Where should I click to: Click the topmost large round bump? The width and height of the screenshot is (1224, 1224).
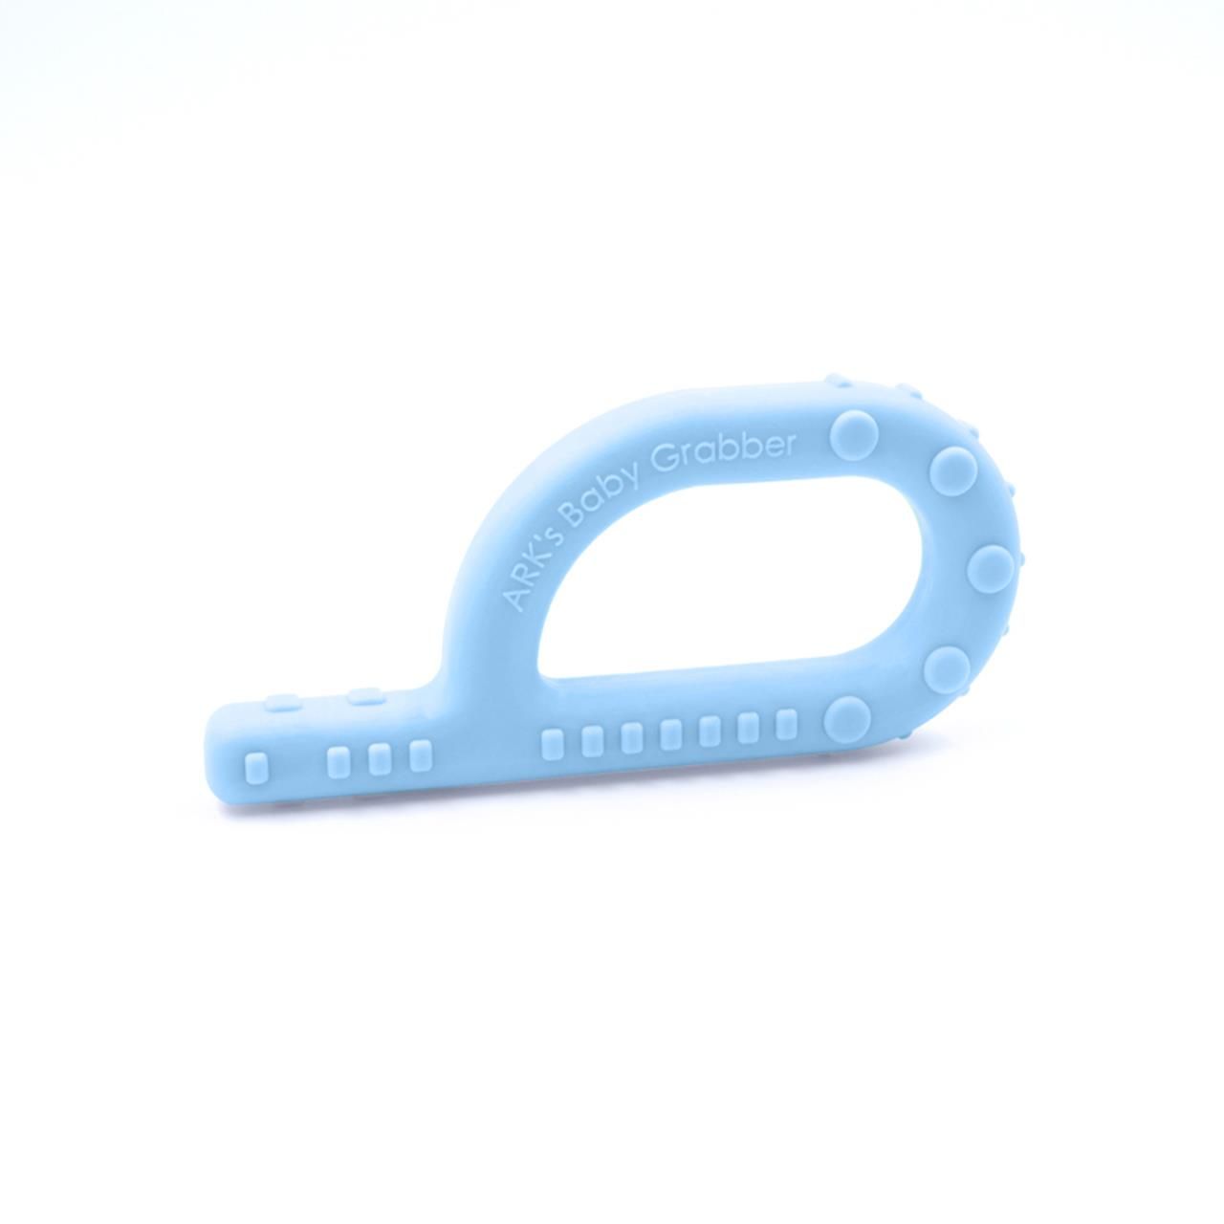pyautogui.click(x=853, y=435)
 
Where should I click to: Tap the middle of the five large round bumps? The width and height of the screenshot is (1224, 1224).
pyautogui.click(x=990, y=569)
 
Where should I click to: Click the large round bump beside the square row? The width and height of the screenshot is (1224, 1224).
pyautogui.click(x=848, y=716)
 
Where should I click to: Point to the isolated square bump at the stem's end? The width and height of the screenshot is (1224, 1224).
pyautogui.click(x=256, y=767)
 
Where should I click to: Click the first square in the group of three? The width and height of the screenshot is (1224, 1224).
pyautogui.click(x=339, y=761)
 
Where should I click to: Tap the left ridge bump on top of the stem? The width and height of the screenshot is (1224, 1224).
pyautogui.click(x=277, y=704)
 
